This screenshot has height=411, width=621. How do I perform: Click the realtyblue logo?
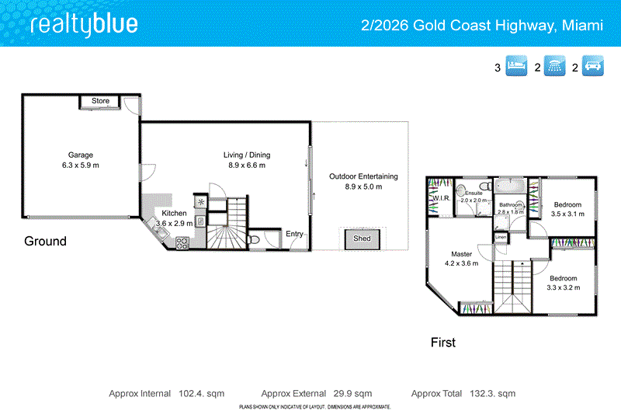click(84, 25)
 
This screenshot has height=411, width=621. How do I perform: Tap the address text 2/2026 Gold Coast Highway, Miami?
click(482, 26)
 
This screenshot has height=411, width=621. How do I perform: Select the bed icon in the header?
click(516, 67)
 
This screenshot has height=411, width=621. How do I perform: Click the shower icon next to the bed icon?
click(554, 67)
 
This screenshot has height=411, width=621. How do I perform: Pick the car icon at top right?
click(593, 67)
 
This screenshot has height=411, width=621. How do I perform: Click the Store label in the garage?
click(101, 101)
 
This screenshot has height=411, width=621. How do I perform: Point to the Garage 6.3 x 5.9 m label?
click(81, 160)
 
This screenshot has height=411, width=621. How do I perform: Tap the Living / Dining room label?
click(247, 160)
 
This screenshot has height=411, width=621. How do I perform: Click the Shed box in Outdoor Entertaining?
click(362, 239)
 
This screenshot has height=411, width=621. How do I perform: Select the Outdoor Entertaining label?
click(363, 181)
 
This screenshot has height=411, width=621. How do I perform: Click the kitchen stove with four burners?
click(182, 242)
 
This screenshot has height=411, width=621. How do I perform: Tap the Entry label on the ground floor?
click(294, 234)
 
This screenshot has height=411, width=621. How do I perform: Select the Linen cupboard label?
click(501, 236)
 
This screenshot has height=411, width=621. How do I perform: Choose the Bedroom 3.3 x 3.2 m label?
click(563, 283)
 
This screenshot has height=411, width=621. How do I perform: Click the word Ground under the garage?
click(45, 241)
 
